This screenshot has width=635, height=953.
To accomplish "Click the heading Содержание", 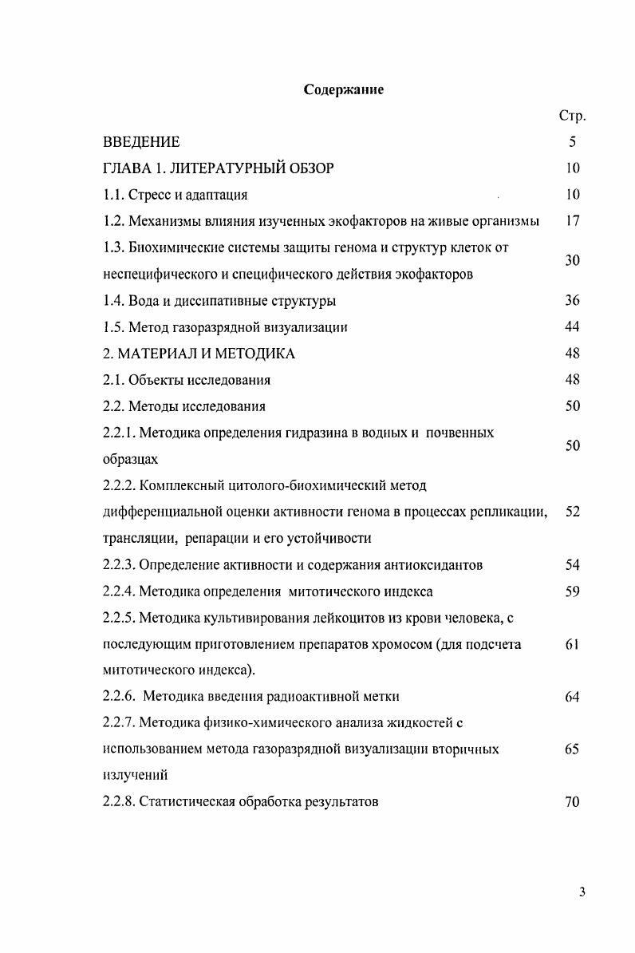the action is pos(344,89).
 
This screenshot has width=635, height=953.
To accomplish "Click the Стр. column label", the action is pos(572,117).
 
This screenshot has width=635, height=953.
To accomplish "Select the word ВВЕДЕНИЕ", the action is pos(142,142).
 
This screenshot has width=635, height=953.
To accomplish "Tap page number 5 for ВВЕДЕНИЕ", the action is pos(572,142).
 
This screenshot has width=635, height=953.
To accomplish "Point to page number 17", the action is pos(572,221).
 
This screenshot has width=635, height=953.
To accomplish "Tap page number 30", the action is pos(572,261).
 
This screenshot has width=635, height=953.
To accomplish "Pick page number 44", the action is pos(572,327).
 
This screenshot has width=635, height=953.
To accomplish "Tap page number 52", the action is pos(572,512).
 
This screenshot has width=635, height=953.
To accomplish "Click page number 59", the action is pos(572,591).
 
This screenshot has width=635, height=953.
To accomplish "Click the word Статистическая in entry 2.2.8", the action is pos(187,802).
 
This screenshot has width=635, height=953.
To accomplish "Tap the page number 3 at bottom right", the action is pos(582,892).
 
